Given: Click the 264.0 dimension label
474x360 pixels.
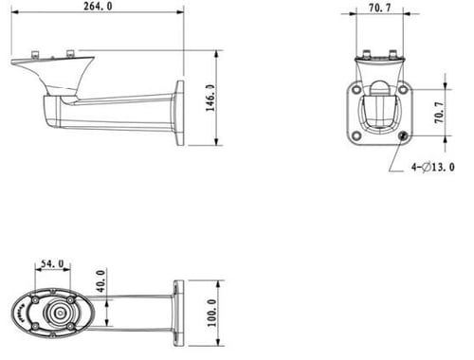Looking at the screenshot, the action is tap(98, 6).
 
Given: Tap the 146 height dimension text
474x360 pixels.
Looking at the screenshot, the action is tap(210, 98).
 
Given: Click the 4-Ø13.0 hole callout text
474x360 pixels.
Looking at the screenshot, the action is tap(433, 167).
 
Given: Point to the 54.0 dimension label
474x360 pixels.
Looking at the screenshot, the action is tap(52, 263).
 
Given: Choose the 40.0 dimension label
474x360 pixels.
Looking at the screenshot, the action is tap(100, 281).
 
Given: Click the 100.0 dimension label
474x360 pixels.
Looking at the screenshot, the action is tap(211, 313).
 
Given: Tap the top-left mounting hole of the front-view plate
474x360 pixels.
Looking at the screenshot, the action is tap(356, 89).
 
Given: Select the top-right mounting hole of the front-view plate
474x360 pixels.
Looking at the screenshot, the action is tap(403, 89).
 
